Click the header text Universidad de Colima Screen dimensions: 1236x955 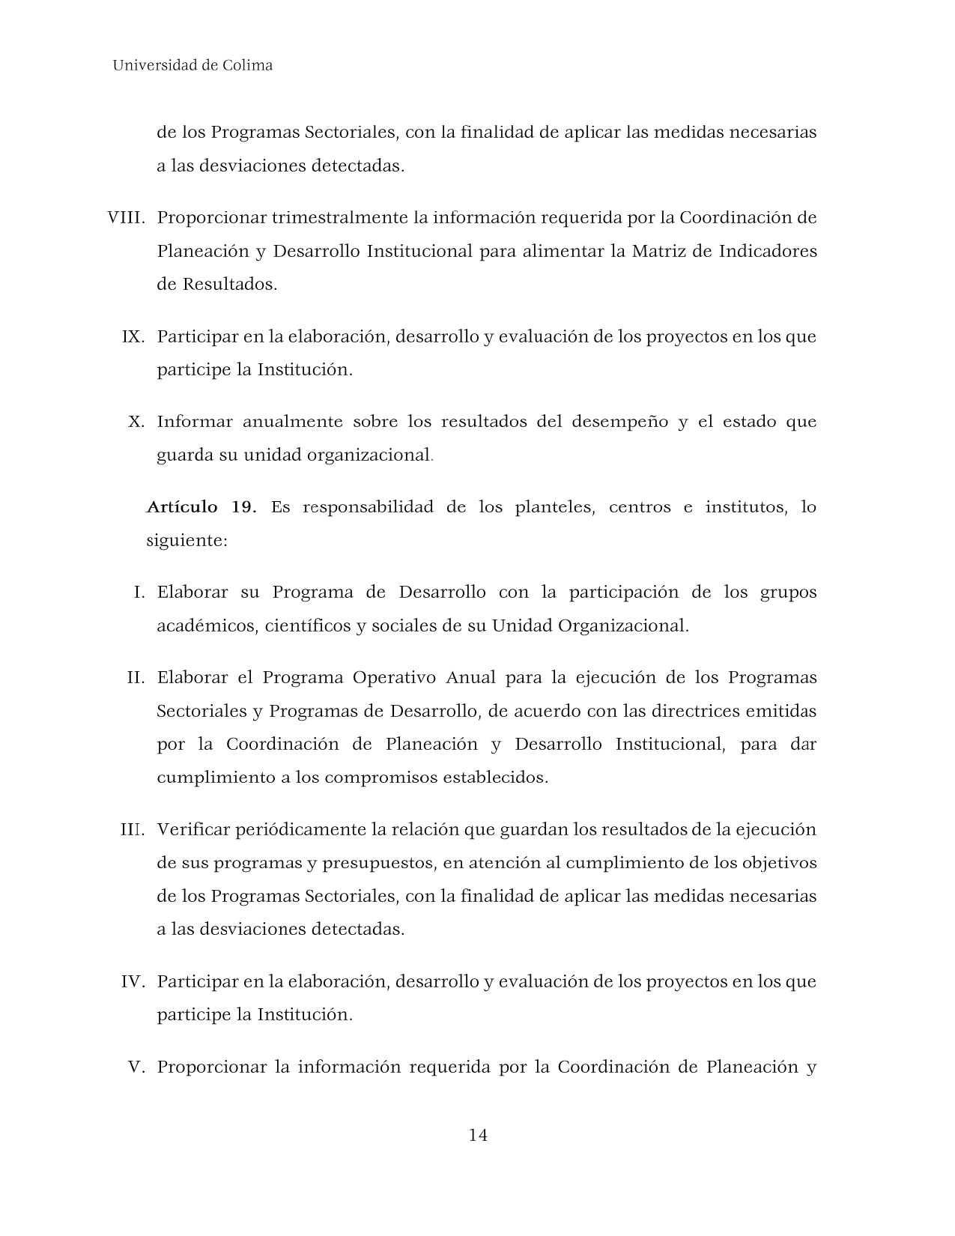[x=192, y=65]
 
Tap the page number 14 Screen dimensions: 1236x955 [x=478, y=1135]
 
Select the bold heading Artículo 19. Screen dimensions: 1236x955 [x=201, y=507]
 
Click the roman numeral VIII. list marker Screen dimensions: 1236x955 [x=126, y=218]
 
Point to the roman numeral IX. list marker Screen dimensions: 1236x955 [x=133, y=336]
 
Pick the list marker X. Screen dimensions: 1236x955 [x=136, y=422]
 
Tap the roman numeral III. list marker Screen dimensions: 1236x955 [x=133, y=830]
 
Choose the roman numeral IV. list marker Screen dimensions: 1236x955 [x=133, y=981]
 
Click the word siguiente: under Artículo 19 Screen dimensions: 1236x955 [x=187, y=541]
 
